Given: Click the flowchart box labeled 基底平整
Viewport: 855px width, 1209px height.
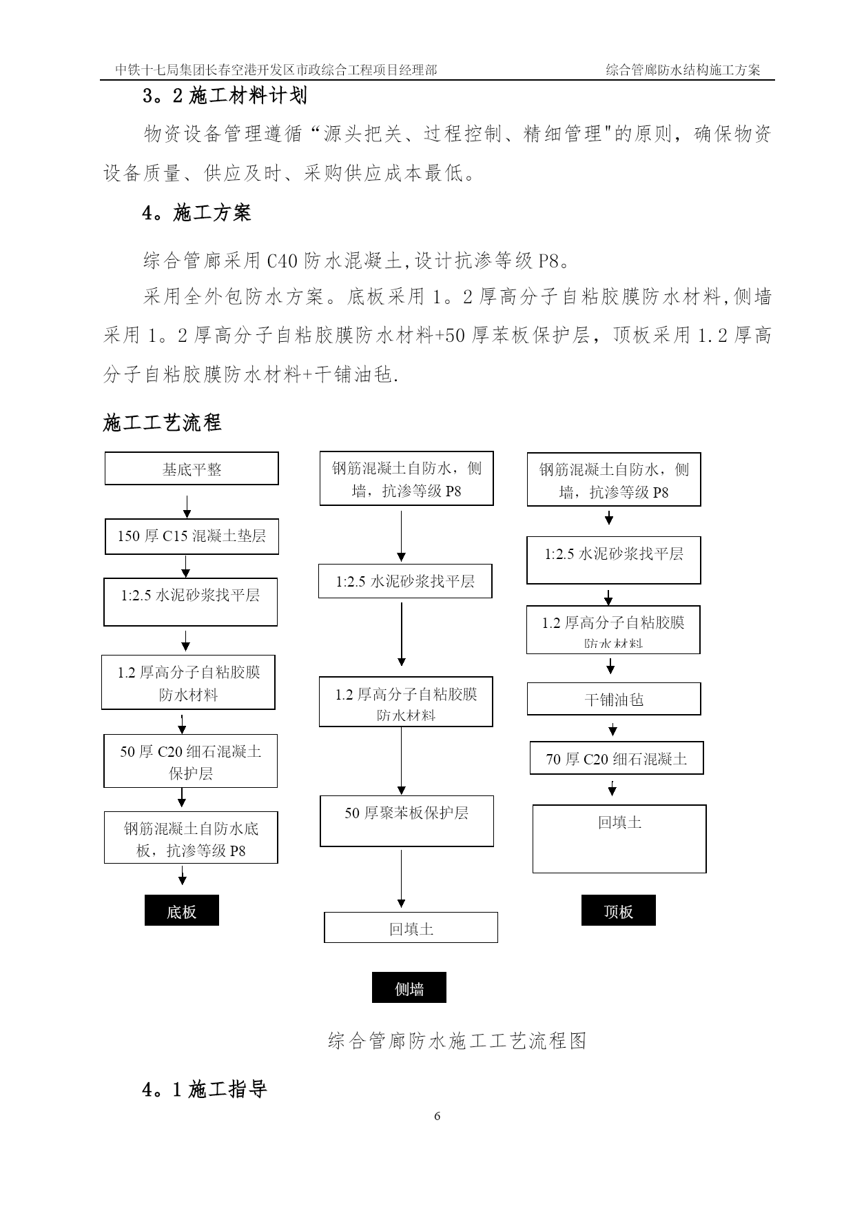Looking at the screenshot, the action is (192, 469).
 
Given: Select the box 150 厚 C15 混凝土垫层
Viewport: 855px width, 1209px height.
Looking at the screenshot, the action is (192, 536).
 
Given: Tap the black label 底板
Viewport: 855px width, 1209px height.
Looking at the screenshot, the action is (182, 911).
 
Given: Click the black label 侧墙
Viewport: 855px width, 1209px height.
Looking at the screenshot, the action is (409, 988).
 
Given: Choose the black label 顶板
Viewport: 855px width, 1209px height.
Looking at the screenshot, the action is (619, 911).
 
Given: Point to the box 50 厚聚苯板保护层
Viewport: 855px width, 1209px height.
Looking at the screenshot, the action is (406, 821).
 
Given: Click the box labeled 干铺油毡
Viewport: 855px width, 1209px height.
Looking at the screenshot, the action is (614, 699).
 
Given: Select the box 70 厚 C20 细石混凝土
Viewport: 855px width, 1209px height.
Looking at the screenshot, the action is (617, 758).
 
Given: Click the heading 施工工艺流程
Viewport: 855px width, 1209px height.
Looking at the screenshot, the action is (163, 423).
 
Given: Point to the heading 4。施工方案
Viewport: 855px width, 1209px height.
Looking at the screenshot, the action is (197, 213).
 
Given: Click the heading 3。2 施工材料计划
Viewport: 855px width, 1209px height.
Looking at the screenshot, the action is (225, 96).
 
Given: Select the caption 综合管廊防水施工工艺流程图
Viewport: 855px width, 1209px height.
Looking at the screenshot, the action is (457, 1040).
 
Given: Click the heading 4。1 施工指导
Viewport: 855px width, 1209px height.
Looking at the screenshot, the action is (205, 1090).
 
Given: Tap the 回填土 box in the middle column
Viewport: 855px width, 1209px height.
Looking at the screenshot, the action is (411, 928).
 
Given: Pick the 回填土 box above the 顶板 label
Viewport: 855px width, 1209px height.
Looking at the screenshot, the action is (619, 839).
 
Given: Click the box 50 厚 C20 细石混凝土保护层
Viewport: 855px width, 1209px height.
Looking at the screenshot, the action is (190, 761).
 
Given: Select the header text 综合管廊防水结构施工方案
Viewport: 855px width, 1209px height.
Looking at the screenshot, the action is (683, 70).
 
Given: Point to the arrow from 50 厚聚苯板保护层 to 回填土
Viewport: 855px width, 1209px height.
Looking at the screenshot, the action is (402, 880).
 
